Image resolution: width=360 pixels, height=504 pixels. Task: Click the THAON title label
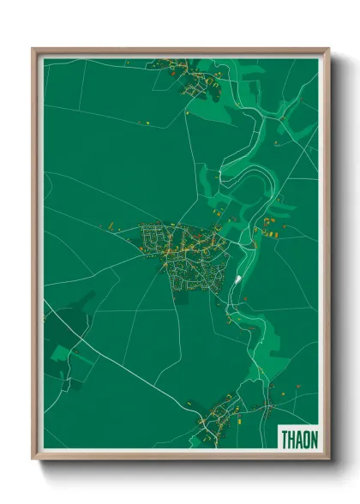298,439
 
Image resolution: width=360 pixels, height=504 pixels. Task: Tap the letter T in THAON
285,439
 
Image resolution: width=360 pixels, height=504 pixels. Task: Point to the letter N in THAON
313,439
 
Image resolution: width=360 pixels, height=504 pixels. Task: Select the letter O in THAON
306,439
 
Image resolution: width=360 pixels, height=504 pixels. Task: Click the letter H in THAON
291,439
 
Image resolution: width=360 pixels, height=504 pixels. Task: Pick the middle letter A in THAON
298,439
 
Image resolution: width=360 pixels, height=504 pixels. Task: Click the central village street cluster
184,253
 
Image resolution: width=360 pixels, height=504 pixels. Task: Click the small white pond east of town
237,279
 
